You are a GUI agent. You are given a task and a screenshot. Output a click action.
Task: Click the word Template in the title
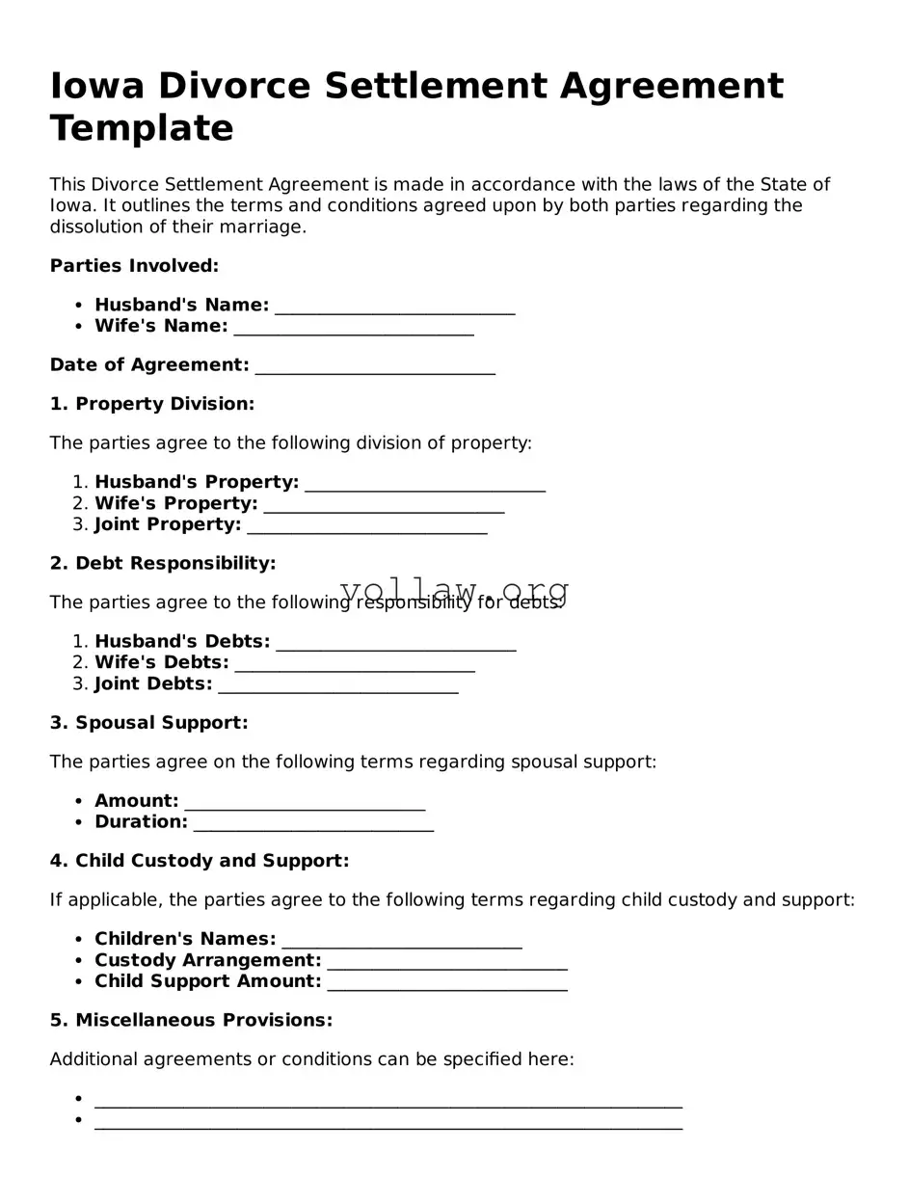pos(142,128)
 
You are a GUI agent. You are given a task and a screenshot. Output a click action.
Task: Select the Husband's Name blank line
pos(395,308)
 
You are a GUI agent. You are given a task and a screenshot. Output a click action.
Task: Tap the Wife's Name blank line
pos(354,329)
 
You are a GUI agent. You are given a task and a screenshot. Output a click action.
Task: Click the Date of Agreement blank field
pos(375,367)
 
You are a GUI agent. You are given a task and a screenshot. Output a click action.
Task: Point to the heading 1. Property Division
pos(152,404)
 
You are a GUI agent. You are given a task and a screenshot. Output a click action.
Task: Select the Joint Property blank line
pos(367,527)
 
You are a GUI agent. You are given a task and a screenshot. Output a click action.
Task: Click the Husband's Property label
pos(197,482)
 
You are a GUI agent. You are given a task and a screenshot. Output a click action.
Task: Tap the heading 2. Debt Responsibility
pos(163,563)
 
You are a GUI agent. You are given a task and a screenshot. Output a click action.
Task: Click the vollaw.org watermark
pos(454,590)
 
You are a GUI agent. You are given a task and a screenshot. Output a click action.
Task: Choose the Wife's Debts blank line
pos(355,665)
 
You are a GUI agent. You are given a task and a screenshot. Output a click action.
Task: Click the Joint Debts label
pos(153,684)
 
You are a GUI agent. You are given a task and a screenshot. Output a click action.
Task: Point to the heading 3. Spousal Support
pos(149,723)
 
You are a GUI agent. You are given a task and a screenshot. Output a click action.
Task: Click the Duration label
pos(141,822)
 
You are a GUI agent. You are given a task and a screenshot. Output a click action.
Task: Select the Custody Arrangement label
pos(208,960)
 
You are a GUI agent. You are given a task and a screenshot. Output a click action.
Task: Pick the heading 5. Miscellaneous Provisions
pos(191,1020)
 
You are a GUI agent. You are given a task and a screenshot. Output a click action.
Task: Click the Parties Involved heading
pos(134,265)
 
